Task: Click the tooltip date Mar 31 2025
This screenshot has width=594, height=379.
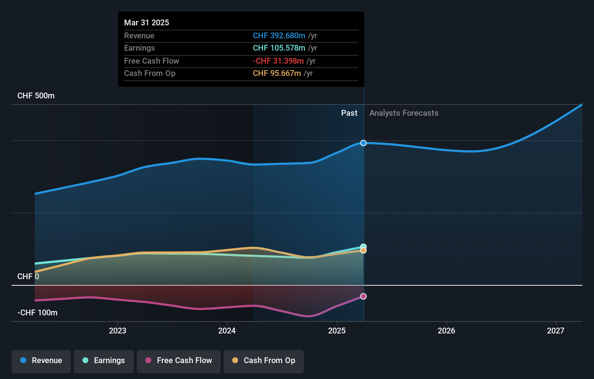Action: (147, 23)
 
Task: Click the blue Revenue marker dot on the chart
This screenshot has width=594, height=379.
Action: (363, 143)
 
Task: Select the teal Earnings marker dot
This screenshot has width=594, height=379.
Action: (363, 246)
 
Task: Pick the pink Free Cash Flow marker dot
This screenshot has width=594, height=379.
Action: (363, 296)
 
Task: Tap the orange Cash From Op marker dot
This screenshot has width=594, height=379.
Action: (363, 251)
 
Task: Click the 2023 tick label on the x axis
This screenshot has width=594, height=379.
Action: (118, 331)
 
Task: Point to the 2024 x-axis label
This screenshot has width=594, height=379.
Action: (227, 331)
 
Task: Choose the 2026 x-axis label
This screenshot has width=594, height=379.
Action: (446, 331)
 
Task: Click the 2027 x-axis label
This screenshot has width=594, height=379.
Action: (555, 331)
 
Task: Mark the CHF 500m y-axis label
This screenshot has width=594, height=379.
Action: (36, 96)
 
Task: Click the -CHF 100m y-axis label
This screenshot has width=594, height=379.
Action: (37, 313)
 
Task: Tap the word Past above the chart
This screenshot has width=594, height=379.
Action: (349, 113)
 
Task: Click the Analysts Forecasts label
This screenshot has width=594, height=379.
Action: (404, 113)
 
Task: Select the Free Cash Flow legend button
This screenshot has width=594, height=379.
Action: (179, 361)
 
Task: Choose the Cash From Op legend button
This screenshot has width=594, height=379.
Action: (264, 361)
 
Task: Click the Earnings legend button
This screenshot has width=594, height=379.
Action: (104, 361)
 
